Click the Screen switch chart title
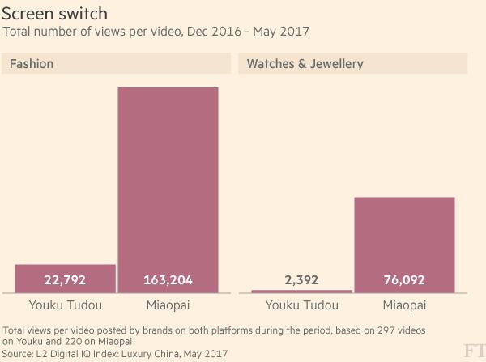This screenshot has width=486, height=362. click(55, 14)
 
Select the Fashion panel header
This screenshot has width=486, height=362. click(32, 63)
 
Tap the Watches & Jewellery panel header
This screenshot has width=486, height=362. click(305, 63)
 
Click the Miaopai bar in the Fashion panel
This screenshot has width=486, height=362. click(168, 178)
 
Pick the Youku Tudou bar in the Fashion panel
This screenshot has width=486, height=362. click(65, 270)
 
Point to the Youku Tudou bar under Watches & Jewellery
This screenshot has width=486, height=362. click(301, 291)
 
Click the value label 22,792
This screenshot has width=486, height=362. click(65, 280)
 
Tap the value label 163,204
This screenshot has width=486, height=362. click(168, 280)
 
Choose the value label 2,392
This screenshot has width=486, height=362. click(301, 280)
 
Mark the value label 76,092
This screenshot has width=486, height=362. click(405, 280)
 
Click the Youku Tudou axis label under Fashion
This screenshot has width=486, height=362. click(65, 305)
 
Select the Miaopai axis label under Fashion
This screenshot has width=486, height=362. click(168, 305)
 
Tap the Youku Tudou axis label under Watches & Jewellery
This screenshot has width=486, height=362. click(301, 305)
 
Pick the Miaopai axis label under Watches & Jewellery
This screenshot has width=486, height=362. click(405, 305)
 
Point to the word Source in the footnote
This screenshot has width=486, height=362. click(18, 354)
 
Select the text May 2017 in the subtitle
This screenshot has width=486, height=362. click(278, 32)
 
